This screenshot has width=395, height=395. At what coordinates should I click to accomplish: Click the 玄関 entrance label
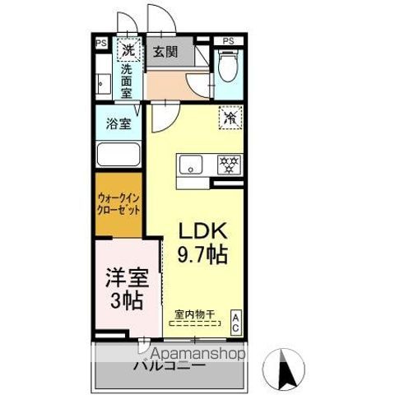[x=165, y=52]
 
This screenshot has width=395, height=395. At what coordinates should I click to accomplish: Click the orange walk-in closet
[x=118, y=203]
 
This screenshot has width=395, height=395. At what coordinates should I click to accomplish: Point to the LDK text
[x=202, y=230]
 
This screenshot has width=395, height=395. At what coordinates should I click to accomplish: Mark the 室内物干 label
[x=194, y=314]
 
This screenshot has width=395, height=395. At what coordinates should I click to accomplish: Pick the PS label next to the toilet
[x=228, y=39]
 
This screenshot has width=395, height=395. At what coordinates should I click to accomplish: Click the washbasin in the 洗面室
[x=102, y=83]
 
